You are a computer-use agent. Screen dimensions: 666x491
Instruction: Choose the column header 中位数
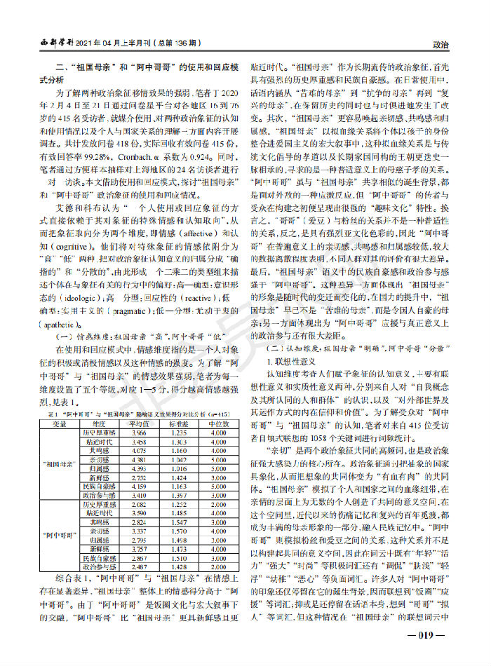click(x=218, y=424)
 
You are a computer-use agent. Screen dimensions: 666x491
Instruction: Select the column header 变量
click(x=60, y=424)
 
